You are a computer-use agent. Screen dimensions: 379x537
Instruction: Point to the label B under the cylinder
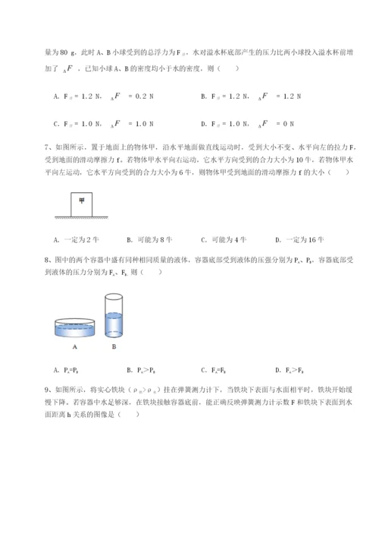point(114,349)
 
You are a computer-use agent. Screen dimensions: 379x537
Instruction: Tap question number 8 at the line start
point(47,260)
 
